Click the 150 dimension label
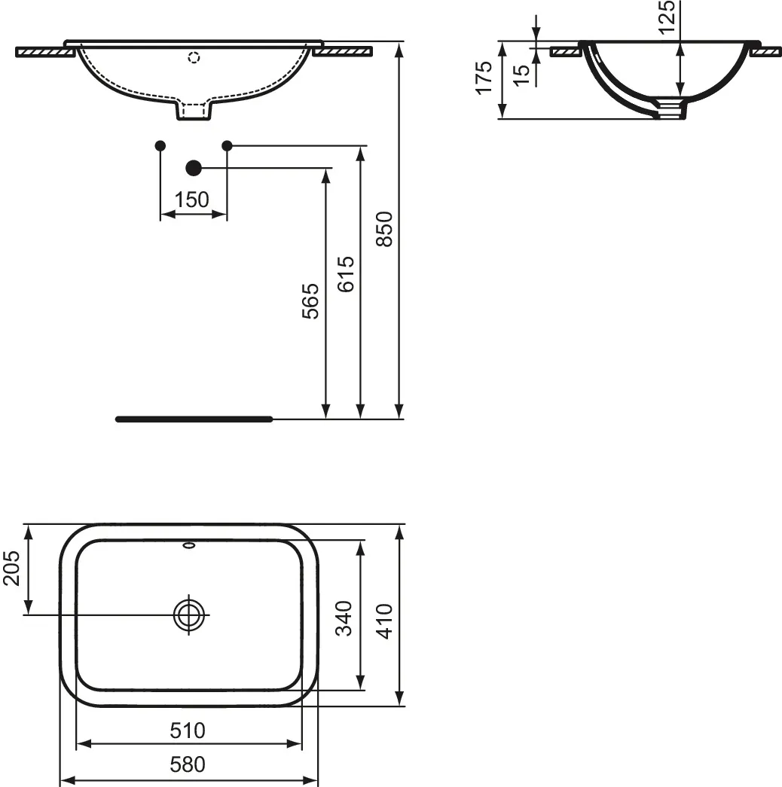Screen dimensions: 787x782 (192, 200)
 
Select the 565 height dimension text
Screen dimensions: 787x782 (311, 301)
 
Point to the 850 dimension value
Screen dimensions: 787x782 (383, 229)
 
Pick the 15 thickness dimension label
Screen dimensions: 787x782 (521, 75)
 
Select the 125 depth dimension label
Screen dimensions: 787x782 (666, 17)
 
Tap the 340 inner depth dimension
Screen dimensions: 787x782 (344, 618)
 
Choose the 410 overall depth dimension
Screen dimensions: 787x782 (383, 621)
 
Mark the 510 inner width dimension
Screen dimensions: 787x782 (188, 730)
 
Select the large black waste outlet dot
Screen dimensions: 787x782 (194, 168)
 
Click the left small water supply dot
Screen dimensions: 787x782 (160, 145)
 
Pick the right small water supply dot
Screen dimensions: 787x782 (227, 145)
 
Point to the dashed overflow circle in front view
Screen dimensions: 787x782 (194, 57)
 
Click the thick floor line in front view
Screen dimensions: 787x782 (194, 419)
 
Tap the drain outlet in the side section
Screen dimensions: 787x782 (670, 110)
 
